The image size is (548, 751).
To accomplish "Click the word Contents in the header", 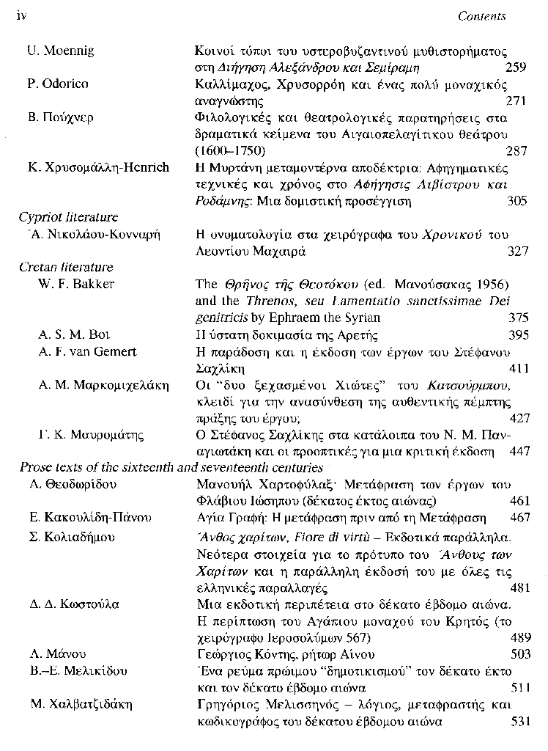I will click(481, 15).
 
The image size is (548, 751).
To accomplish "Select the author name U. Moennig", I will click(61, 51).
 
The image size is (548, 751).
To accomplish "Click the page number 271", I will click(516, 100).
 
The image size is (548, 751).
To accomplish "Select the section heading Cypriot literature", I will click(68, 217).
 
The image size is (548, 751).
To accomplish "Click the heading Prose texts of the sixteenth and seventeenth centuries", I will click(170, 467).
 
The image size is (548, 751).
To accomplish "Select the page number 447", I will click(518, 452).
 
